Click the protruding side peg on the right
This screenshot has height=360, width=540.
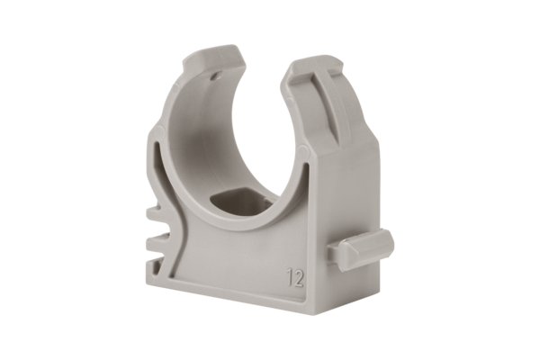364,246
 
